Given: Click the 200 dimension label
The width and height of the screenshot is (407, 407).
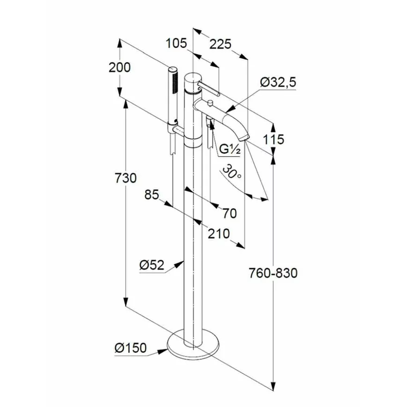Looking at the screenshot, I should tap(120, 67).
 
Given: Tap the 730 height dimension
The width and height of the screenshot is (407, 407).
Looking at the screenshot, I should tap(125, 178).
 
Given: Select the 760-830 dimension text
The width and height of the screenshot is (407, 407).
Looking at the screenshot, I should tap(274, 273).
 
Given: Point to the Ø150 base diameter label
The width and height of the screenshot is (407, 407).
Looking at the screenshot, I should tap(130, 348).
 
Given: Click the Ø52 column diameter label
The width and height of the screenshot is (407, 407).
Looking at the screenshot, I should tap(151, 265).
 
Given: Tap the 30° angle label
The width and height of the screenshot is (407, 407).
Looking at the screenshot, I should tap(232, 173).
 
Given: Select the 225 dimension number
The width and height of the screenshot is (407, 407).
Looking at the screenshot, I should tap(221, 44).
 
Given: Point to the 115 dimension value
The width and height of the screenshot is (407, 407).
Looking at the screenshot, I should tap(273, 140).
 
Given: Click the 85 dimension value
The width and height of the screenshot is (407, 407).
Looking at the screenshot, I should tap(151, 195).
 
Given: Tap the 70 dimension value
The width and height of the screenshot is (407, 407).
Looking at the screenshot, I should tap(230, 212).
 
